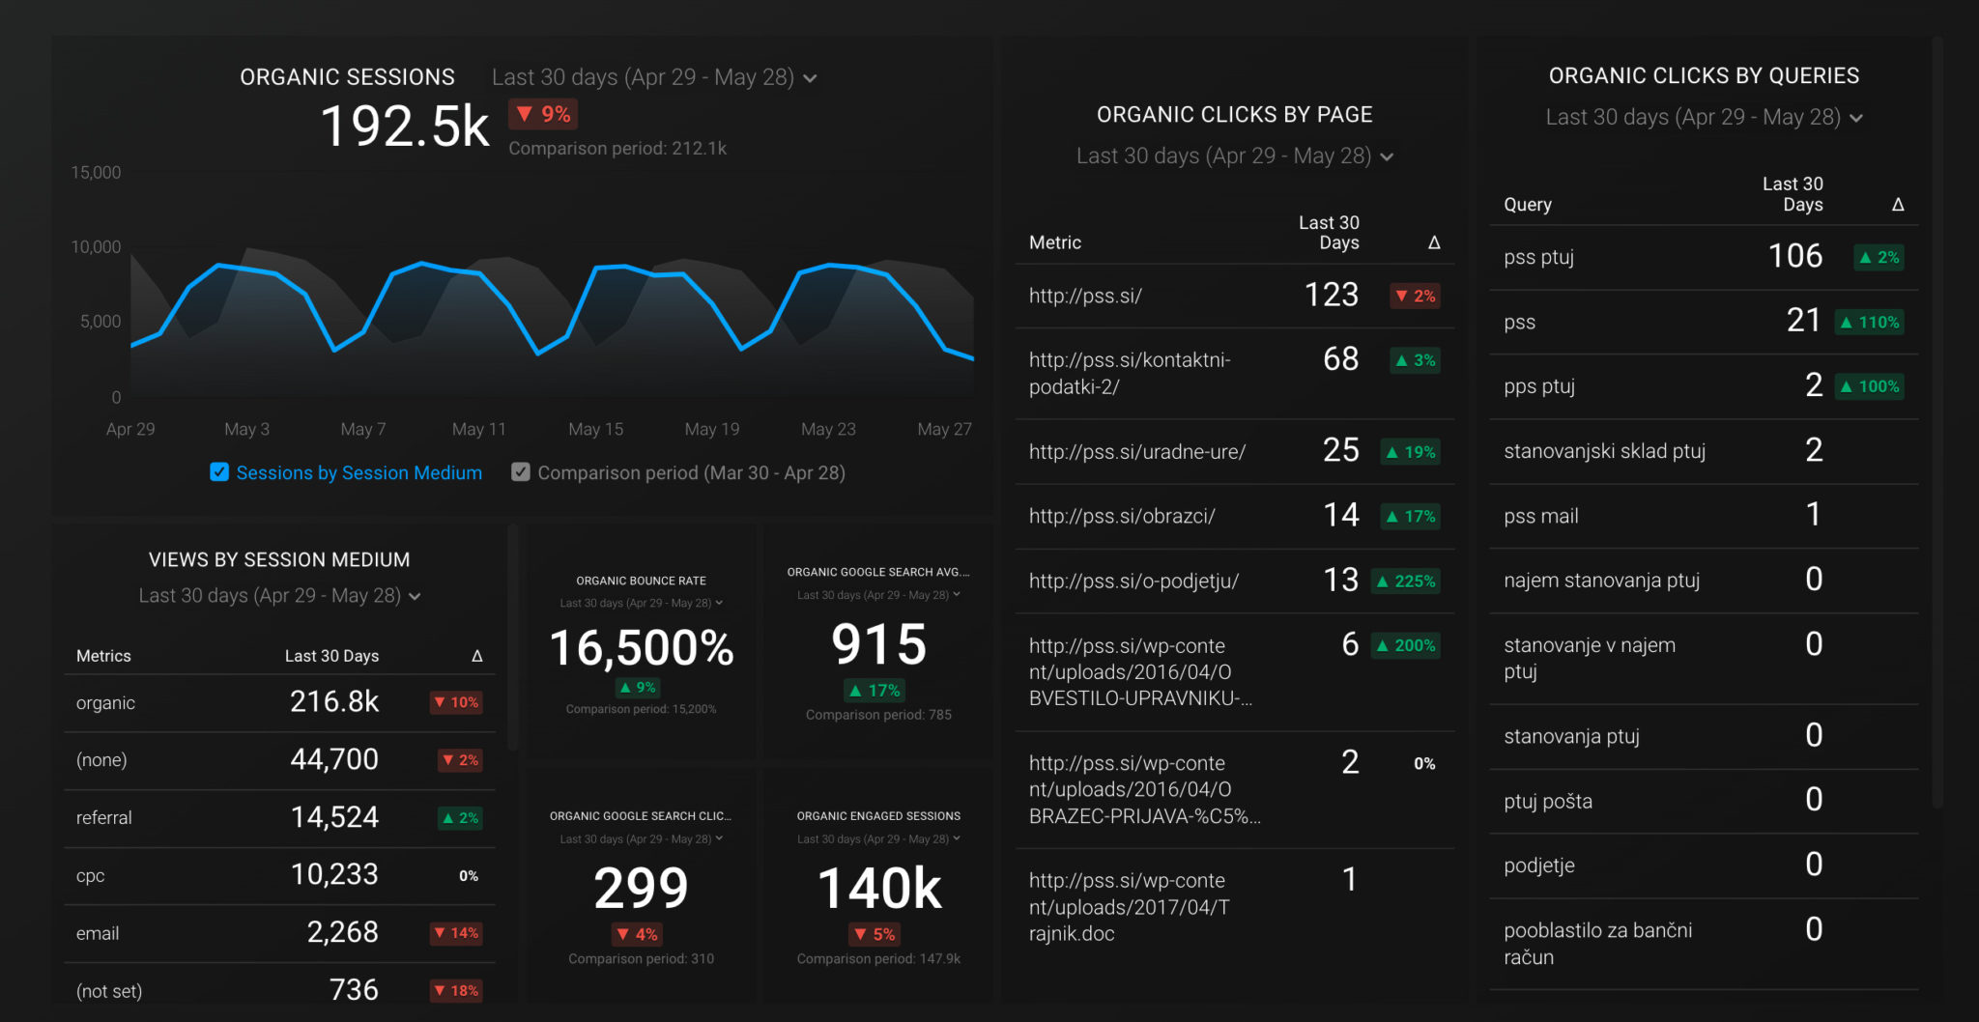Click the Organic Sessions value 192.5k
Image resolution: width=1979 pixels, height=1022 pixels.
[405, 127]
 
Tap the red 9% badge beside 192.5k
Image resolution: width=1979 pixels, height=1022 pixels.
[543, 114]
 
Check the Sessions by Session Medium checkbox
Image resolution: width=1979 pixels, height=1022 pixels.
[219, 472]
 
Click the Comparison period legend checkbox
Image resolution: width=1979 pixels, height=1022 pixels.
[521, 472]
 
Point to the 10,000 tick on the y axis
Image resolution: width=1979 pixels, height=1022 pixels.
[96, 247]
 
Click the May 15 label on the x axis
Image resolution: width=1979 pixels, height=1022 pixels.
[595, 429]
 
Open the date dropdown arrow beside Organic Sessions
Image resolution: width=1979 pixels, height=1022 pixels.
[810, 78]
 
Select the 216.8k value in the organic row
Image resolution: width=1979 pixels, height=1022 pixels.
[334, 701]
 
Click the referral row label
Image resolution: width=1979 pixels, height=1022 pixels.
[103, 818]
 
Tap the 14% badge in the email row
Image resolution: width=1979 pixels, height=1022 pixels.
[456, 933]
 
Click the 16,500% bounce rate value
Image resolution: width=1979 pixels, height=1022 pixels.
[642, 648]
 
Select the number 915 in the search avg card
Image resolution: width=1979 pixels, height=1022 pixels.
[878, 644]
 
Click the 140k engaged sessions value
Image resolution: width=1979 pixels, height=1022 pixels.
[878, 889]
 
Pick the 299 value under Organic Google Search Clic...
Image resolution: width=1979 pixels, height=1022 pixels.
[641, 889]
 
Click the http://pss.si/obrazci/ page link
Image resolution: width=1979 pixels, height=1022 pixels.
[1122, 517]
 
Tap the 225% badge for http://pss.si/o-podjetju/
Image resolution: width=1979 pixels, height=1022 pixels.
[1406, 582]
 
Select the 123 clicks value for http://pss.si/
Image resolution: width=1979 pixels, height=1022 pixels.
[1332, 295]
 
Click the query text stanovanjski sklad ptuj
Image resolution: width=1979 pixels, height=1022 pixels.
[1604, 451]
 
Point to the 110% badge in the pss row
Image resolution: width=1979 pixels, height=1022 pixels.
[1870, 323]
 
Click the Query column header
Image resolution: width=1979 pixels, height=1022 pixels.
[1528, 205]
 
